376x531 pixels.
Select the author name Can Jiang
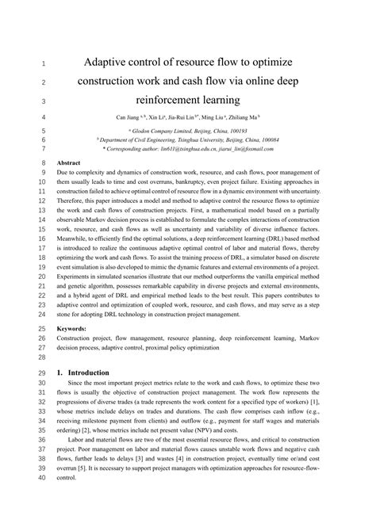pos(132,117)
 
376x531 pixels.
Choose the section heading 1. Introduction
pos(88,372)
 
